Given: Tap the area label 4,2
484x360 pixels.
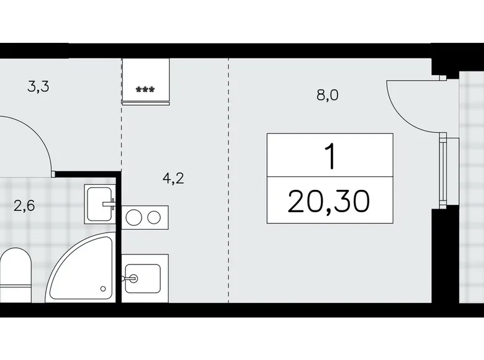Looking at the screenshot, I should pos(173,179).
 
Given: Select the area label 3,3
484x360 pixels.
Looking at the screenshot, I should pos(38,87).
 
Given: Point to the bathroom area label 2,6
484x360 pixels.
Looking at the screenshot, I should pos(24,205).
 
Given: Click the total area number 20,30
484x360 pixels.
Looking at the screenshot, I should pos(329,200).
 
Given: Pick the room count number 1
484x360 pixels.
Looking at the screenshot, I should pos(330,156).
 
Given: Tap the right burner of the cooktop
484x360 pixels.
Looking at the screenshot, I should pos(155,217).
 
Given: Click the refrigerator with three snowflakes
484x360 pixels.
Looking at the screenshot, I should pos(146,80).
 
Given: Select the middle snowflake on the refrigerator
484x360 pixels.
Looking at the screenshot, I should pos(146,89).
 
